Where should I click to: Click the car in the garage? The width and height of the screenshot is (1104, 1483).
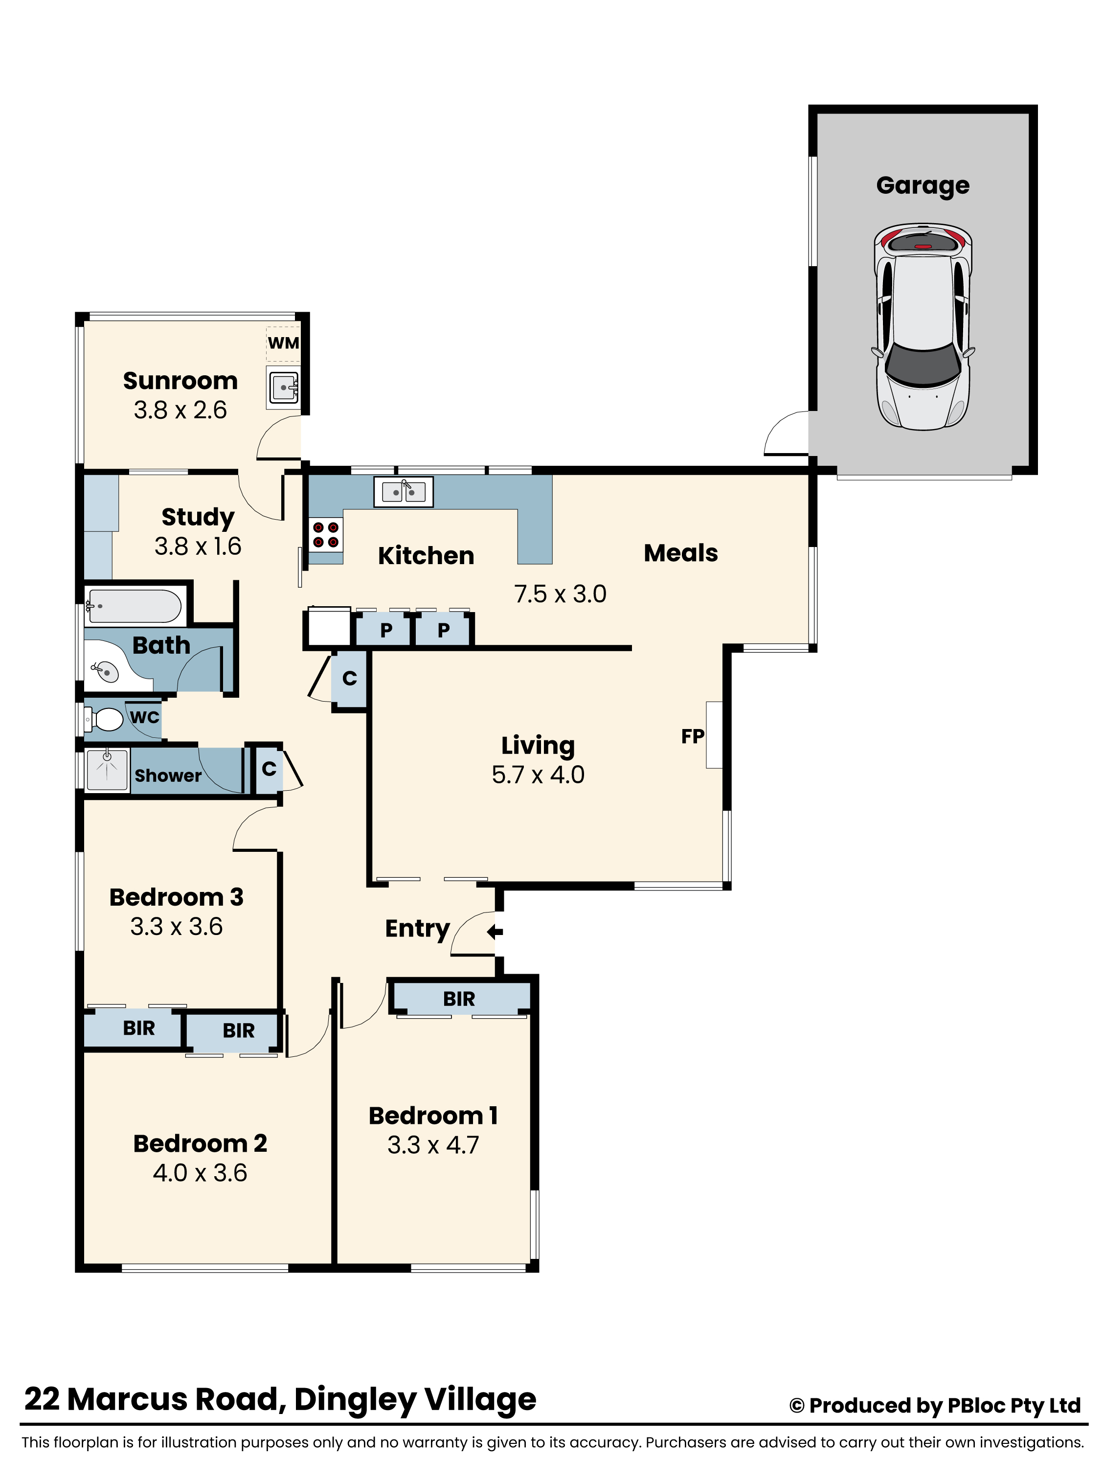pos(923,327)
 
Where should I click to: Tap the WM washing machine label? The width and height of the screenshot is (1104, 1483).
pos(283,343)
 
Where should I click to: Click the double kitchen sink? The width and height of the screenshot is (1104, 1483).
pos(404,492)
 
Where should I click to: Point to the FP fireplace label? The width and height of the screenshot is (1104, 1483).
pos(692,736)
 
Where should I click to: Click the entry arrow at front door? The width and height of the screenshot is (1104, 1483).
pos(495,931)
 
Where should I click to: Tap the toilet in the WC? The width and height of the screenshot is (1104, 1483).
pos(107,720)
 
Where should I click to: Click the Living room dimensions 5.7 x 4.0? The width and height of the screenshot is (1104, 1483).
pos(538,775)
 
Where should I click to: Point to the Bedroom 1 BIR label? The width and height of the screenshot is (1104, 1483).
pos(459,999)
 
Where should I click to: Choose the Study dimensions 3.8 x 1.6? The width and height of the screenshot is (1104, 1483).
pos(198,546)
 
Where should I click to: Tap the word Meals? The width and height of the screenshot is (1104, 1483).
pos(680,553)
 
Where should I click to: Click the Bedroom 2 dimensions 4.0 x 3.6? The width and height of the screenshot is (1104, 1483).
pos(200,1172)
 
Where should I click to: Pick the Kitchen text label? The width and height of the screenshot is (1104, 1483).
pos(426,555)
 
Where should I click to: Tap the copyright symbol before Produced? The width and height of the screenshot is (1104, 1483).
pos(797,1406)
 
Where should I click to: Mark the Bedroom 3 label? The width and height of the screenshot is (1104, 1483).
pos(177,897)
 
